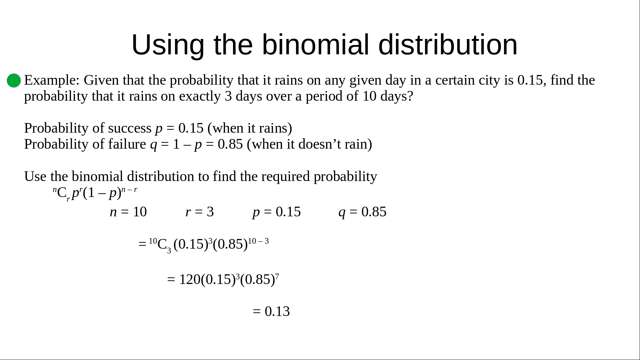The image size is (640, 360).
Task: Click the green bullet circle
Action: click(x=14, y=81)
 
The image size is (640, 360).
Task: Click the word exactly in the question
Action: click(x=200, y=96)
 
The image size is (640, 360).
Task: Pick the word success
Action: click(x=130, y=128)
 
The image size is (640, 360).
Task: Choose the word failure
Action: click(x=127, y=144)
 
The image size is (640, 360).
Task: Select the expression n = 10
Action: click(x=128, y=212)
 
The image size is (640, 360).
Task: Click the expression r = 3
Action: click(x=200, y=212)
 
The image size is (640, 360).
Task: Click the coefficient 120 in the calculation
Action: click(x=190, y=279)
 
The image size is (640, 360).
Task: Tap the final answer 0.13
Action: click(x=277, y=311)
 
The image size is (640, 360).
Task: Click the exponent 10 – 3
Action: click(x=258, y=241)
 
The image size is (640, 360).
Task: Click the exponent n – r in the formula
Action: click(x=129, y=190)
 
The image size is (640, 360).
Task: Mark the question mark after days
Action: click(x=410, y=96)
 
